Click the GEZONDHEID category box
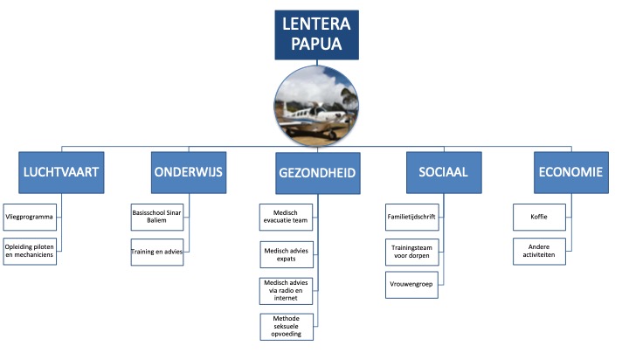(316, 173)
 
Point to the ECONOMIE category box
(570, 173)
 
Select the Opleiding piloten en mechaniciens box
(31, 249)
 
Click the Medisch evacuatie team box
(286, 214)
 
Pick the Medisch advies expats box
(286, 253)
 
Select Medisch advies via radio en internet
(286, 290)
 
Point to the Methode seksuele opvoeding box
(286, 325)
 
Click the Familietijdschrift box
(411, 214)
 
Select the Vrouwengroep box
(411, 284)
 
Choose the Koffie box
(538, 214)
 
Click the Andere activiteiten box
(538, 249)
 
